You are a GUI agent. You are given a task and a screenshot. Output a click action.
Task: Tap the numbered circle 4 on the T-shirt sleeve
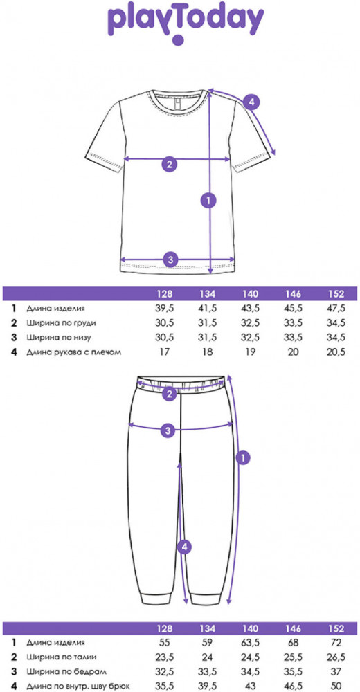coord(251,102)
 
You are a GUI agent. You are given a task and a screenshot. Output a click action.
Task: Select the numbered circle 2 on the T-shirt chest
coord(169,165)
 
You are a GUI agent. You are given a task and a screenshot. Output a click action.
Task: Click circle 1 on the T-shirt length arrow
coord(208,200)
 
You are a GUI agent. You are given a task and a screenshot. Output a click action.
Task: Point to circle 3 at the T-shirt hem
coord(170,259)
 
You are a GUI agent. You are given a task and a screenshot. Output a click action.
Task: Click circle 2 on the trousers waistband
coord(169,394)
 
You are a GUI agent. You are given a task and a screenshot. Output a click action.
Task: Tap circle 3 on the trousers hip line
coord(168,430)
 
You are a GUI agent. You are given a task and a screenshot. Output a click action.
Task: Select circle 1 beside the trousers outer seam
coord(242,457)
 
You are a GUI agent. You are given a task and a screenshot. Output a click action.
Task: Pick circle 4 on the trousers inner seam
coord(185,547)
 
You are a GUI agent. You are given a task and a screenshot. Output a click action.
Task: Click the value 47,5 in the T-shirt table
coord(336,308)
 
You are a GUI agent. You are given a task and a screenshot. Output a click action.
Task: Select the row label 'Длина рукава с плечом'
coord(73,352)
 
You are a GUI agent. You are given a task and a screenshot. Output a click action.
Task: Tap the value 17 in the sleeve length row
coord(165,352)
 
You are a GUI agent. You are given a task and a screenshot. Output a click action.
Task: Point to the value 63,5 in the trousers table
coord(251,642)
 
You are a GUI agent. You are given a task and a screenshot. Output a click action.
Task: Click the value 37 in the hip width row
coord(336,671)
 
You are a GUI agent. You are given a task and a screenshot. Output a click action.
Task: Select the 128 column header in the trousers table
coord(165,628)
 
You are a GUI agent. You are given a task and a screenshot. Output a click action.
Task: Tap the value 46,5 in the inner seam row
coord(294,686)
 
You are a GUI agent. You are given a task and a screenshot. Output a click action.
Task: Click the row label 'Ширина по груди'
coord(61,322)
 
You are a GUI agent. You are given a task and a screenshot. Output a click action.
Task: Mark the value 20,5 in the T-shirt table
coord(336,352)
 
